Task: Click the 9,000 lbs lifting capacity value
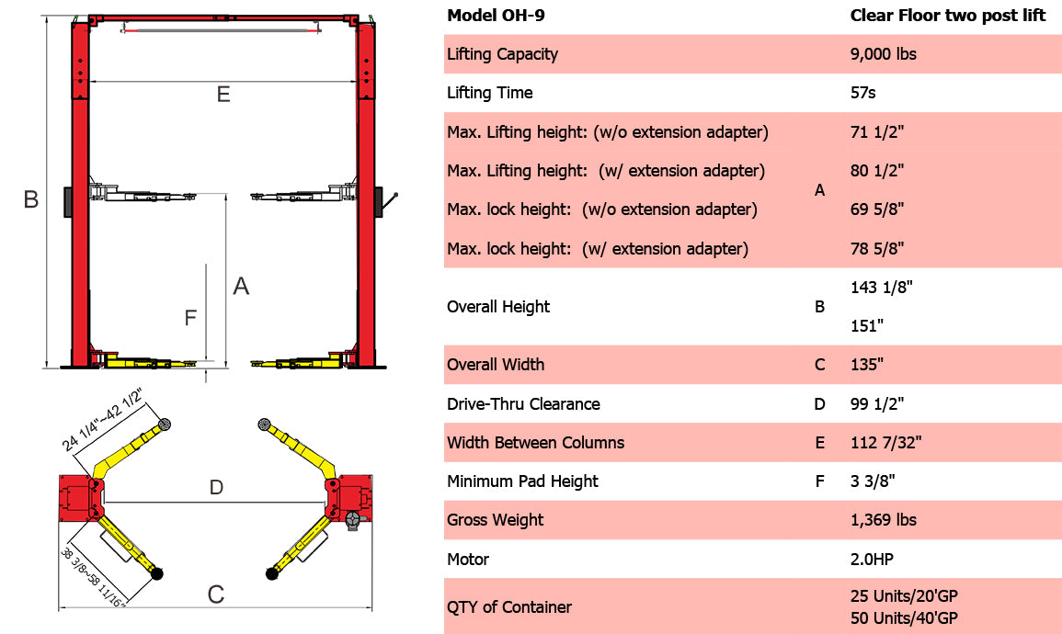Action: (x=883, y=54)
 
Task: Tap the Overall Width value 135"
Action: (x=867, y=365)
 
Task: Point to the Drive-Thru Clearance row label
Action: (x=523, y=404)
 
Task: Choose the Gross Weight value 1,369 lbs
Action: (x=883, y=520)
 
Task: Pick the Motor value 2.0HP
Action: (x=872, y=560)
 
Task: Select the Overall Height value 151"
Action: (x=867, y=326)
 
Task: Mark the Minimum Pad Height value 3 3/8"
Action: (x=872, y=481)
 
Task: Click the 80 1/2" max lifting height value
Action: (x=877, y=171)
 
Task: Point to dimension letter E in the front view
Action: (x=223, y=95)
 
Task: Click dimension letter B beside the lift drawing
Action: (x=30, y=199)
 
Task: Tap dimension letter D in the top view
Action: (x=216, y=488)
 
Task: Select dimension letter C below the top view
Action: (x=215, y=594)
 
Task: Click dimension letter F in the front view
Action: (x=190, y=318)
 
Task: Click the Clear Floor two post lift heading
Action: (x=947, y=16)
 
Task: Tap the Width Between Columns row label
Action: (x=535, y=443)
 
